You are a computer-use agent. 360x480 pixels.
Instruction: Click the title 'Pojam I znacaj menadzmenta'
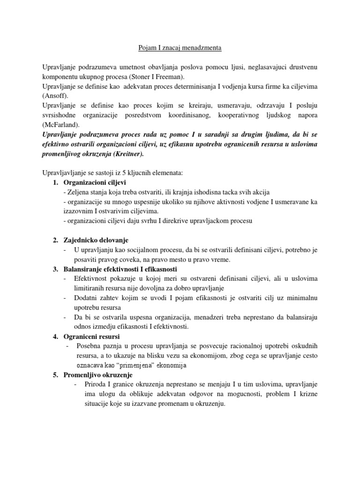tap(180, 48)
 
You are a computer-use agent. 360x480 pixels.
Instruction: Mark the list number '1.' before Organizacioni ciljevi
tap(55, 182)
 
